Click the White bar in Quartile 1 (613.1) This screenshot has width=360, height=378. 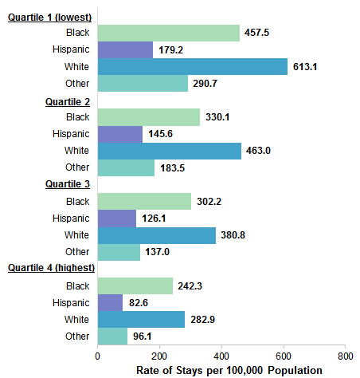(192, 66)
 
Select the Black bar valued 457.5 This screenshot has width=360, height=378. (168, 33)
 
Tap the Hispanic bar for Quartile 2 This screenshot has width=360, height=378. (119, 133)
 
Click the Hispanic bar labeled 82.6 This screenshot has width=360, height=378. (110, 302)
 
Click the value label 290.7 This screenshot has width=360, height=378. (208, 84)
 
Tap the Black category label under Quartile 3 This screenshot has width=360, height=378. (78, 201)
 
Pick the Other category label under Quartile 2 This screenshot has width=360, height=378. (78, 167)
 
